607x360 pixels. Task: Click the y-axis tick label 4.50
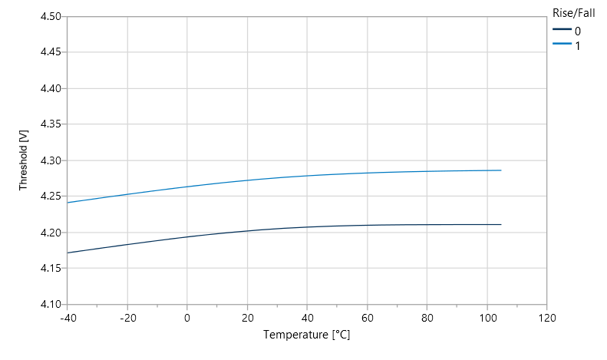click(51, 16)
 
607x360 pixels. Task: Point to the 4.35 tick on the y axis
click(51, 124)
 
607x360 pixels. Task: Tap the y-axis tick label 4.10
click(51, 304)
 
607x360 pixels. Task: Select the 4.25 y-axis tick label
click(51, 196)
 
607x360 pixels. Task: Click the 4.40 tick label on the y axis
click(51, 88)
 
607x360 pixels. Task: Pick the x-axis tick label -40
click(67, 316)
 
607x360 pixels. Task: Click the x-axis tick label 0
click(187, 316)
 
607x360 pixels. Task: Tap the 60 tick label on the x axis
click(367, 316)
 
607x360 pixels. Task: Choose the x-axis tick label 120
click(546, 316)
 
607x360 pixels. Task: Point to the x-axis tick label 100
click(487, 316)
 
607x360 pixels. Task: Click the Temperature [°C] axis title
click(307, 335)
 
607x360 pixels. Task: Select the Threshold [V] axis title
click(24, 160)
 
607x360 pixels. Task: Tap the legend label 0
click(578, 31)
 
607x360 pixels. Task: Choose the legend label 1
click(578, 45)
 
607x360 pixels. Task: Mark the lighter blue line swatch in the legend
click(562, 45)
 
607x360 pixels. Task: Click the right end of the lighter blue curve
click(501, 170)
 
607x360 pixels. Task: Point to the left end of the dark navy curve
click(68, 253)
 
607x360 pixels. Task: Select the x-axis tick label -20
click(127, 316)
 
